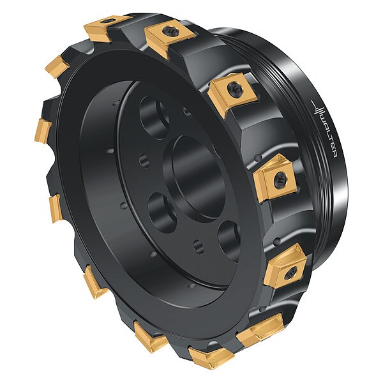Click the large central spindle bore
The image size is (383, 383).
coord(194,178)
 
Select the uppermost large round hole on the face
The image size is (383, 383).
coord(154,117)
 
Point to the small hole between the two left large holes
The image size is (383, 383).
coord(144,160)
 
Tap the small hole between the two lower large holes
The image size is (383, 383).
coord(199,246)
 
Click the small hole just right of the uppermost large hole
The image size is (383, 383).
coord(188,111)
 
